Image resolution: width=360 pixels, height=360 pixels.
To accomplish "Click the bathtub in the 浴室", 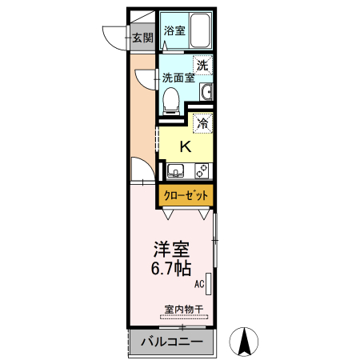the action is (x=200, y=30).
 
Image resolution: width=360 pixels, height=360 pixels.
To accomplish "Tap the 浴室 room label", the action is (x=174, y=30).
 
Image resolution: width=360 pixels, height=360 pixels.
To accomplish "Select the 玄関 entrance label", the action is (x=143, y=38).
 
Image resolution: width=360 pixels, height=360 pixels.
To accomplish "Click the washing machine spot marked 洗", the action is (x=202, y=65).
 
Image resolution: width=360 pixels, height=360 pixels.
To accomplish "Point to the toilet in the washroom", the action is (x=171, y=101).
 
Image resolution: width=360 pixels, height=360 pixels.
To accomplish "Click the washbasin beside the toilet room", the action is (x=206, y=91).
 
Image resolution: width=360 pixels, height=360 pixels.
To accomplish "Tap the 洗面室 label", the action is (x=178, y=78).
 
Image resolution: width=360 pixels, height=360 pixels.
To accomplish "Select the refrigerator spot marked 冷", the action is (x=203, y=122).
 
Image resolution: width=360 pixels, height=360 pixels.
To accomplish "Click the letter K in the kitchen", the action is (x=186, y=146).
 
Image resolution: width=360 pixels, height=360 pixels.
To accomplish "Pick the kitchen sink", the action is (x=175, y=171).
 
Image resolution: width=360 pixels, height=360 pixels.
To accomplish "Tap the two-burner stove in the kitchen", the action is (x=202, y=171).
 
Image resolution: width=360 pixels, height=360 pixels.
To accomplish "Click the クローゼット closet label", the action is (x=186, y=195).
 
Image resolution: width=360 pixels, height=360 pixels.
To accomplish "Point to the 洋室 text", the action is (x=171, y=250).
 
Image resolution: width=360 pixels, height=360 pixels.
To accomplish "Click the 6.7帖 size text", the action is (x=171, y=268).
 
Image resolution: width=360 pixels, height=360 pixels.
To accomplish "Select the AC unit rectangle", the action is (x=209, y=284).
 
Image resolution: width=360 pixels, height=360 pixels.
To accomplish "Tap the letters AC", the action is (x=199, y=284).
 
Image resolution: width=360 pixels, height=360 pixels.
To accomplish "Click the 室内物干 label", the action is (x=184, y=310).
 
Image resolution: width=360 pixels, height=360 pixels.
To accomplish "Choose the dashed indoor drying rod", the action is (x=184, y=317).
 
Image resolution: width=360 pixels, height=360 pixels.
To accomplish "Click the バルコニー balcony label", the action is (x=172, y=342).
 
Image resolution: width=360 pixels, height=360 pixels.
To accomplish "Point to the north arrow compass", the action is (x=244, y=342).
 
